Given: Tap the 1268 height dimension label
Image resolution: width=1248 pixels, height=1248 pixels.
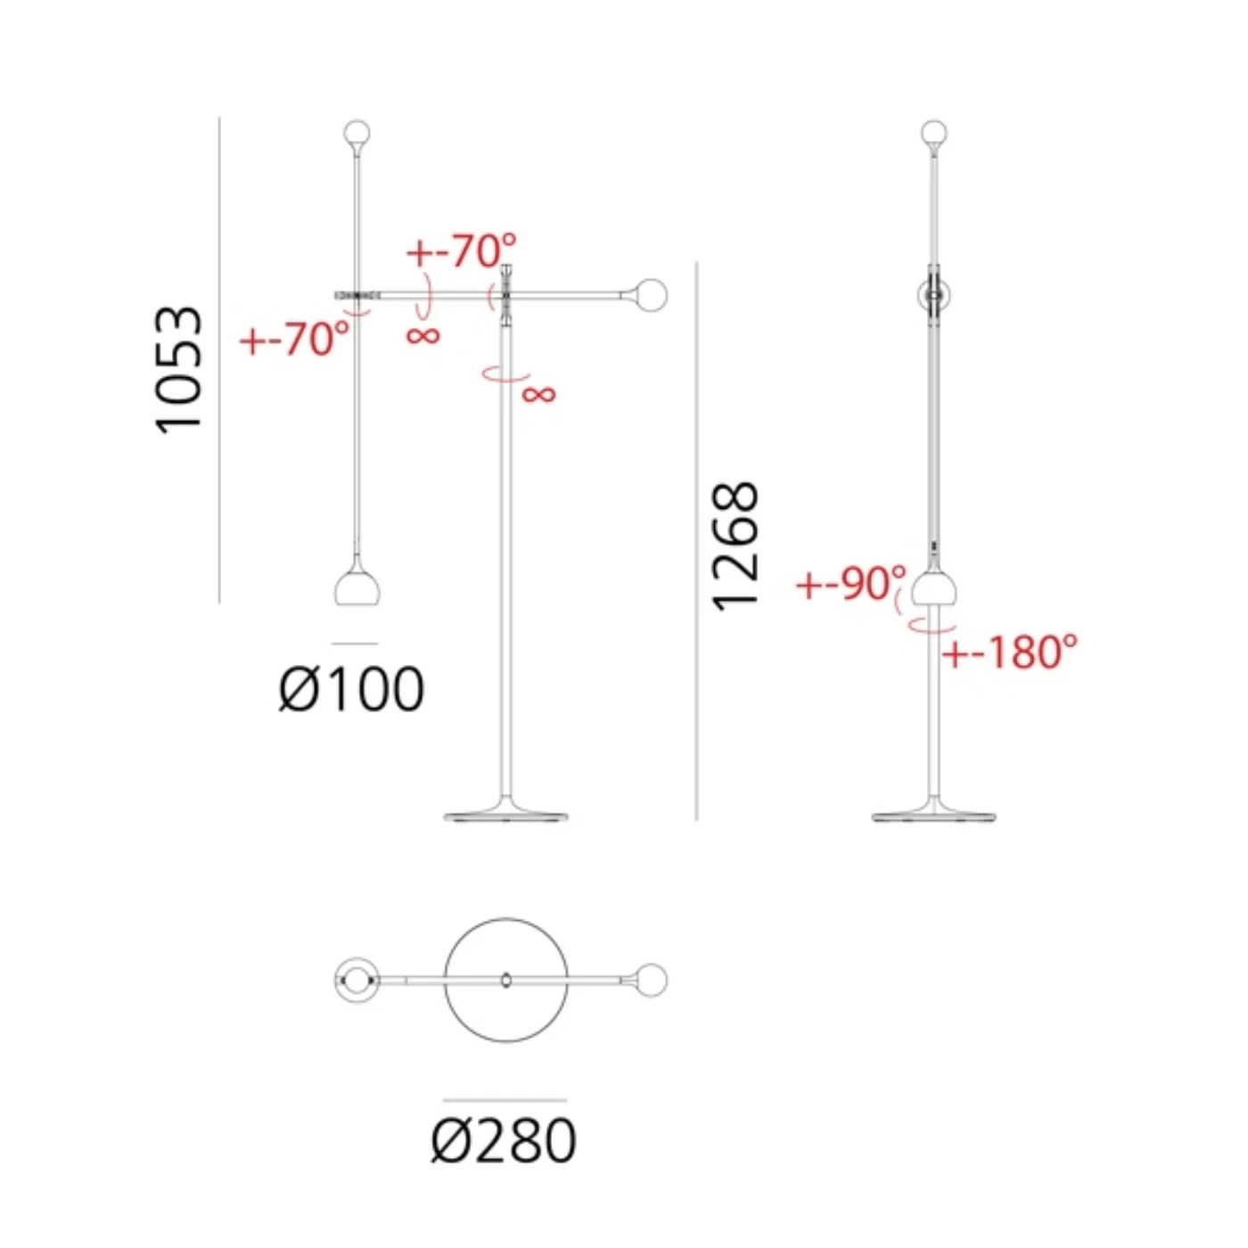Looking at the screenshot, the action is (735, 546).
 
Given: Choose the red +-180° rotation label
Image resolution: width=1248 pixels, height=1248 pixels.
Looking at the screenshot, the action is (1010, 652).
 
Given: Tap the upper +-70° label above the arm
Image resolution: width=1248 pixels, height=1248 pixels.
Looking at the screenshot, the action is (461, 250).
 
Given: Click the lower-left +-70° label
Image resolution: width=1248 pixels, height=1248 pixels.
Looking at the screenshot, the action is (295, 339).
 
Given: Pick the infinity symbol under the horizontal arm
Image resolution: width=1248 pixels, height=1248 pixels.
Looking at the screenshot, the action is (423, 335).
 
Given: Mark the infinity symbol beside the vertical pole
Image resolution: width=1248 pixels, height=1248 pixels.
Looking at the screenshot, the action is (538, 393).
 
